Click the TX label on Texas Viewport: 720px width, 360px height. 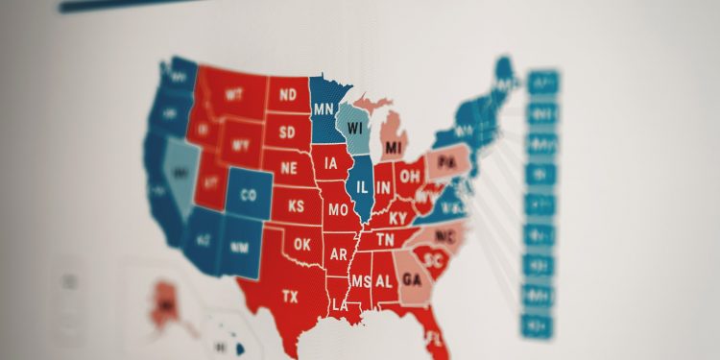click(289, 297)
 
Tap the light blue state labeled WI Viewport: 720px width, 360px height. click(357, 128)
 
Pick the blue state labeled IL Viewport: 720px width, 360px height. click(363, 187)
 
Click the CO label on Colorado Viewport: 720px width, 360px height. click(249, 196)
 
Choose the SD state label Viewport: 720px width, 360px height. click(287, 132)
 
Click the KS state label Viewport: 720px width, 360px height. click(297, 205)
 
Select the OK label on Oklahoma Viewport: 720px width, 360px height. click(302, 244)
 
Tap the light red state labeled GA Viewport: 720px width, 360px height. click(412, 279)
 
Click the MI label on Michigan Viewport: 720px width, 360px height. click(393, 148)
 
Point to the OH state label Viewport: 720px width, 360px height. click(410, 177)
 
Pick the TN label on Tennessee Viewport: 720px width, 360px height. click(384, 239)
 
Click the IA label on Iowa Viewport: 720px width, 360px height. click(332, 162)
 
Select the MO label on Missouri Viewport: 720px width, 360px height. click(338, 209)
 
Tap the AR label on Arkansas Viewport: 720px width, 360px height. click(338, 254)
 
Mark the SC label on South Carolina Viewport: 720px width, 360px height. click(435, 259)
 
